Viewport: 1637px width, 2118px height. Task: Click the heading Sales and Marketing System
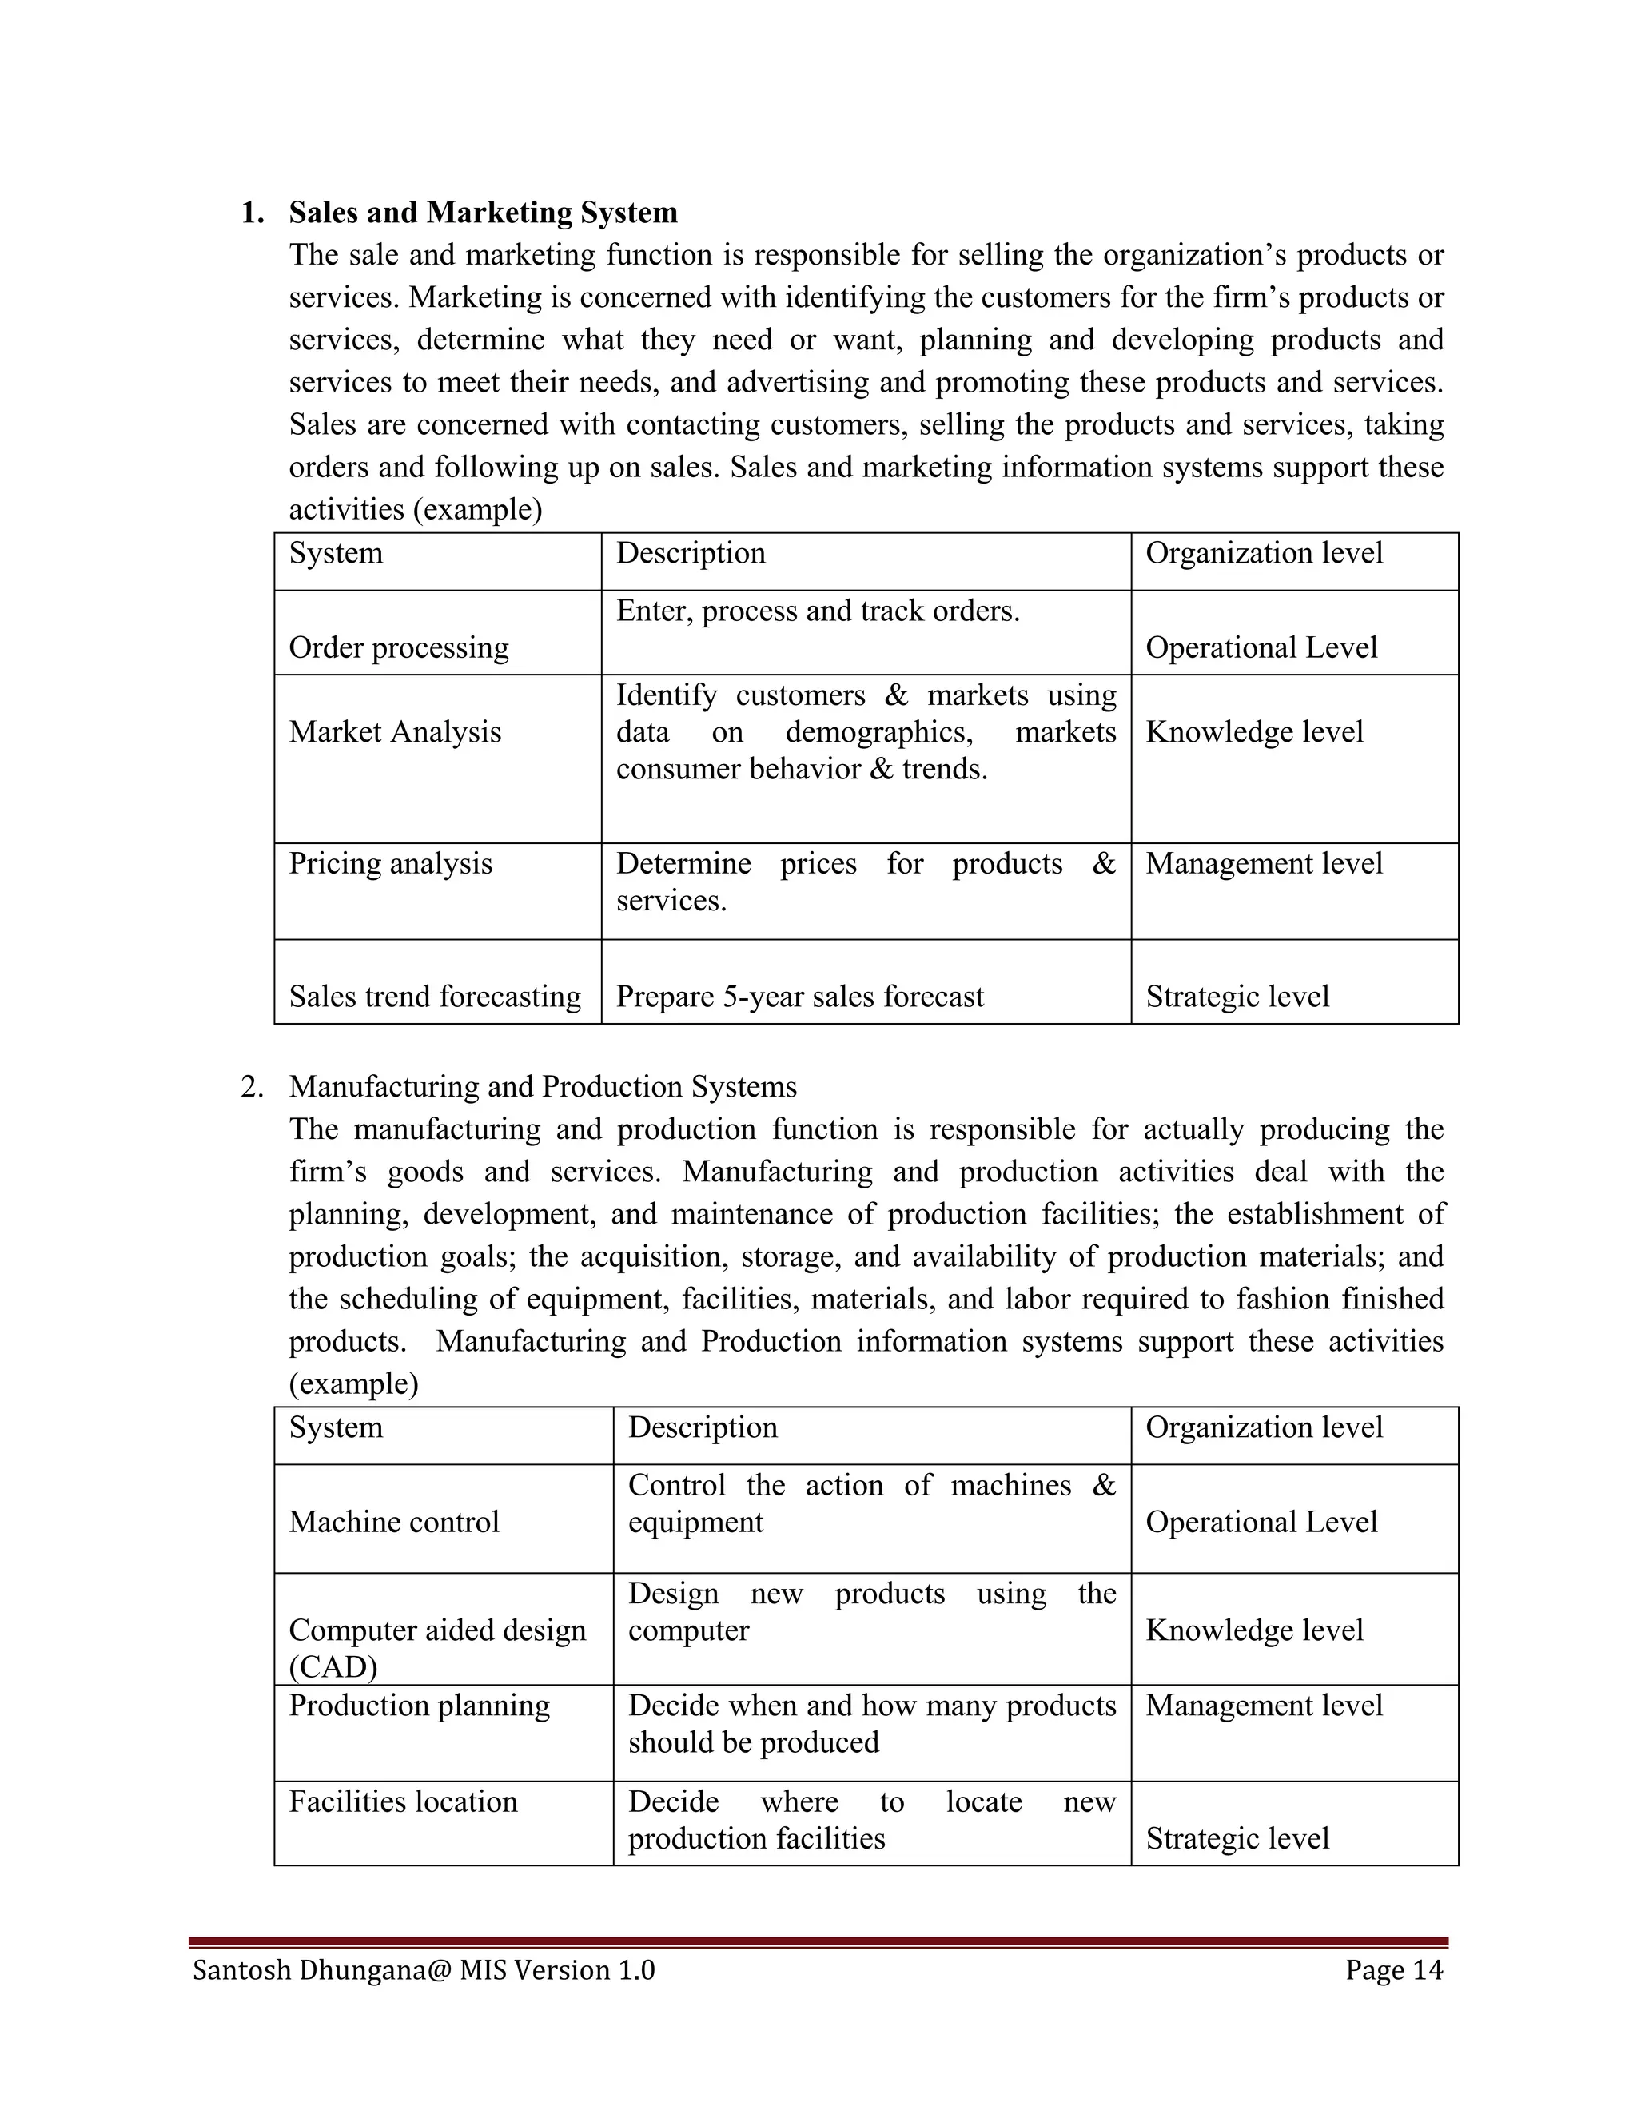pyautogui.click(x=483, y=213)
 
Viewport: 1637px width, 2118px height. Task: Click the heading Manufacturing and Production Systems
pyautogui.click(x=542, y=1086)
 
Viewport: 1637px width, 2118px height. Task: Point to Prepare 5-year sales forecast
pyautogui.click(x=799, y=996)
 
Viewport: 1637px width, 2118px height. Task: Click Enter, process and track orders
pyautogui.click(x=818, y=611)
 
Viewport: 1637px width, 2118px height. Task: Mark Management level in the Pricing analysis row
pyautogui.click(x=1264, y=863)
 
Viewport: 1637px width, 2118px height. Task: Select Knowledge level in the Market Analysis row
pyautogui.click(x=1254, y=731)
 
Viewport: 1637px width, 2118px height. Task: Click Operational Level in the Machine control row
pyautogui.click(x=1261, y=1522)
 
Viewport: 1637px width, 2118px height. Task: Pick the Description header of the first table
pyautogui.click(x=691, y=553)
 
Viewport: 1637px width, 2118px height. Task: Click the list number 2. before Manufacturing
pyautogui.click(x=252, y=1086)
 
